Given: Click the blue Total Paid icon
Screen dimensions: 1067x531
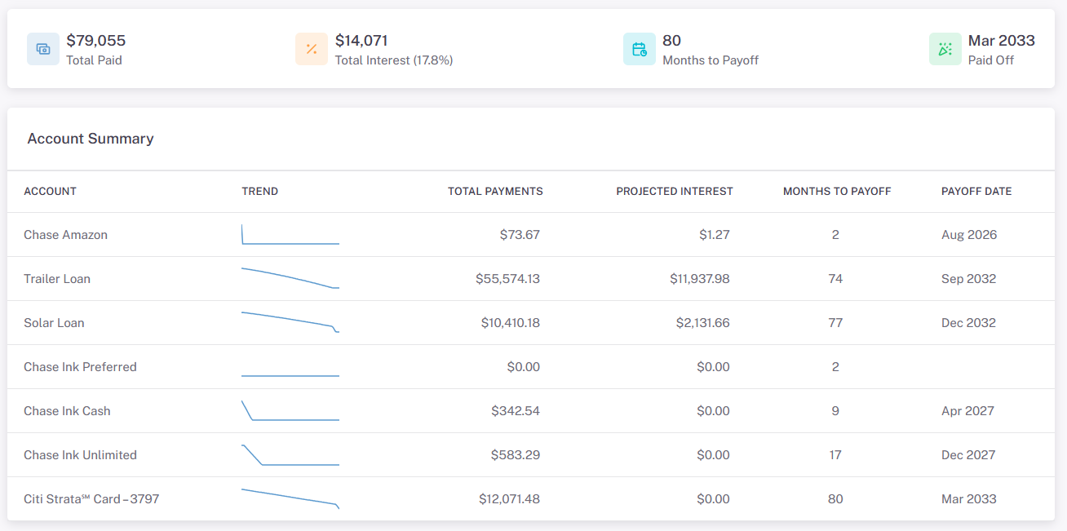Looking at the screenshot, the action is click(x=43, y=49).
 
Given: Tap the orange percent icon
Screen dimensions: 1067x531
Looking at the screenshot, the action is click(x=312, y=49).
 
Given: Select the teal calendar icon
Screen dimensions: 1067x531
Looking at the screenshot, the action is click(x=640, y=49).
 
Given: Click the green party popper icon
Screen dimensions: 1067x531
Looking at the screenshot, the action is click(x=945, y=49).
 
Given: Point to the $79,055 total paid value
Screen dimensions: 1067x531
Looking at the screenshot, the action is click(x=95, y=41).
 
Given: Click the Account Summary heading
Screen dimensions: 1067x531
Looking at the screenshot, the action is click(x=91, y=139).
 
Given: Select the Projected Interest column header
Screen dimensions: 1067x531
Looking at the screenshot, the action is click(x=675, y=192).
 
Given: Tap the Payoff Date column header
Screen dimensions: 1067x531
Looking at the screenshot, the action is click(x=976, y=192).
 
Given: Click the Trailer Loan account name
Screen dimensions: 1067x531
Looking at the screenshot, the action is click(x=57, y=279).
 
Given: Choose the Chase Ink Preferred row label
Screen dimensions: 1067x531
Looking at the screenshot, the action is click(x=80, y=367).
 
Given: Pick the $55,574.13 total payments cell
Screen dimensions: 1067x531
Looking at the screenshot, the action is click(x=507, y=279).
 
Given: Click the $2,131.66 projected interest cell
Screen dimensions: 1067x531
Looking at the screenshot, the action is click(x=702, y=323).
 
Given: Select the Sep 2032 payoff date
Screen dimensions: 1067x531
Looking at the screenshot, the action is click(x=968, y=279).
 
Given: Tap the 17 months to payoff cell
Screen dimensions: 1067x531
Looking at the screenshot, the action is click(x=835, y=455).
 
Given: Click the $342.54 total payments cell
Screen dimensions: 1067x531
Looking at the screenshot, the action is click(x=516, y=411).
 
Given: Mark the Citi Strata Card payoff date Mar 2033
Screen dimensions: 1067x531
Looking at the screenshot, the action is click(x=969, y=499).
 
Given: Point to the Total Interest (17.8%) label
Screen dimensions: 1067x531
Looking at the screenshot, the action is click(x=394, y=60).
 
